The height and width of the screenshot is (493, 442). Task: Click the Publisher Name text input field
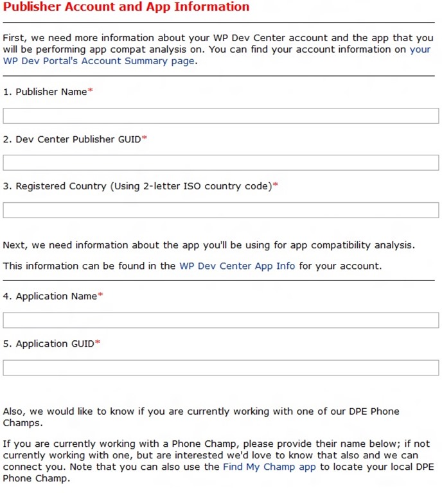(x=220, y=116)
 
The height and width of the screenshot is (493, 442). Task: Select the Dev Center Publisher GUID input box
(x=220, y=162)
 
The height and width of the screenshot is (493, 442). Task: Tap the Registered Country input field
(x=220, y=210)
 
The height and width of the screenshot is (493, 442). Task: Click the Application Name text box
(x=220, y=320)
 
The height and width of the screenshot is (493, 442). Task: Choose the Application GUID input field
(x=220, y=367)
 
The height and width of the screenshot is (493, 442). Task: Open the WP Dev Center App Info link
(x=237, y=266)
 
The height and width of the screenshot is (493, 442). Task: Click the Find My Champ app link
(x=269, y=467)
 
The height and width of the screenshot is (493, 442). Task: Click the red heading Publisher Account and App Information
(x=126, y=8)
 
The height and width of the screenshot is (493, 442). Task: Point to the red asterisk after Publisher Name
(x=91, y=91)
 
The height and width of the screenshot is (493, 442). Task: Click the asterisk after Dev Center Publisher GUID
(x=145, y=138)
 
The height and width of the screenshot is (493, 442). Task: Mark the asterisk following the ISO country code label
(x=276, y=186)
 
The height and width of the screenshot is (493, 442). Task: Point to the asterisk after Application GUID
(x=98, y=343)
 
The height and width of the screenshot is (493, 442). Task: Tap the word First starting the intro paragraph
(x=13, y=38)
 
